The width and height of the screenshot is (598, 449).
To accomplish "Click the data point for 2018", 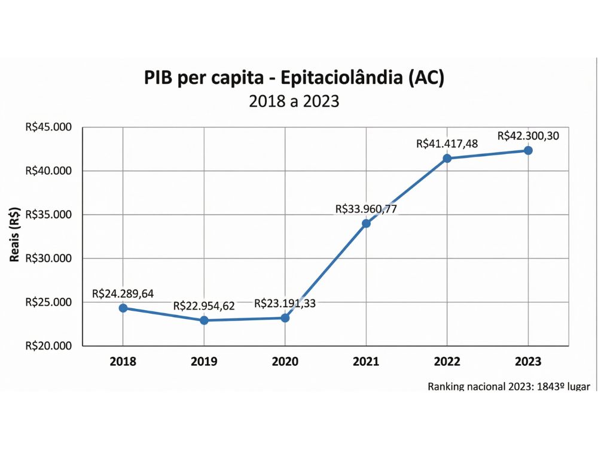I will [x=123, y=308].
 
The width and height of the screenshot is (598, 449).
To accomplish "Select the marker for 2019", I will [x=204, y=320].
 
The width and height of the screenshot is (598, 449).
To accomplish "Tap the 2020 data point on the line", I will [x=285, y=318].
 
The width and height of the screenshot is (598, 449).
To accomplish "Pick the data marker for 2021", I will [x=366, y=223].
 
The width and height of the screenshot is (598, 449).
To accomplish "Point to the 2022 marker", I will [x=447, y=158].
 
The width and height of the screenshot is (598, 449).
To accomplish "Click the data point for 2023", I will [x=528, y=150].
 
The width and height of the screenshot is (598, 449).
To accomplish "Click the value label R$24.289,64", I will [x=123, y=293].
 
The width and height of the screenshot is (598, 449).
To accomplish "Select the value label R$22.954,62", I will [x=204, y=306].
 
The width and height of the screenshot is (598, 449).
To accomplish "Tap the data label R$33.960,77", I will [x=366, y=209].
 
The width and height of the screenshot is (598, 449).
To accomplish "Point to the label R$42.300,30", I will [x=528, y=136].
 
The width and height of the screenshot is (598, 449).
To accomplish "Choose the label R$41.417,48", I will [x=447, y=144].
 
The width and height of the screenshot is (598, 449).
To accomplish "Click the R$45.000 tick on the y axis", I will [x=48, y=127].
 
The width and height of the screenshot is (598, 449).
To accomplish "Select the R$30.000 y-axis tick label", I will [x=48, y=259].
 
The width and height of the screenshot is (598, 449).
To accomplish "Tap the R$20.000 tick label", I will [x=48, y=346].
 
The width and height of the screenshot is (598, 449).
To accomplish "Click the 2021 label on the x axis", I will [x=366, y=362].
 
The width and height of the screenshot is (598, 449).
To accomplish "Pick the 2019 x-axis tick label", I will [x=204, y=362].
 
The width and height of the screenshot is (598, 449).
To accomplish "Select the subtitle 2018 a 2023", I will [x=294, y=101].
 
